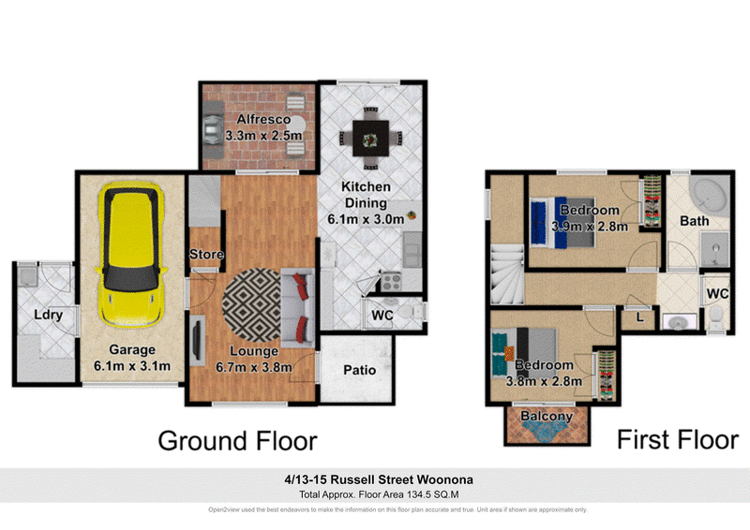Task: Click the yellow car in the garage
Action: pos(131,255)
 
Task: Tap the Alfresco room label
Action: pos(263,119)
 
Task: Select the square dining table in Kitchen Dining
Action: pos(370,139)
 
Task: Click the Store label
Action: pos(206,255)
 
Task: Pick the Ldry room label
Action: pos(49,315)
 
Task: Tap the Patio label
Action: pos(360,370)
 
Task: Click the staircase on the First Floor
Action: pos(508,273)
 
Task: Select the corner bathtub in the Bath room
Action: pos(710,195)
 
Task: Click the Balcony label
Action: pos(547,417)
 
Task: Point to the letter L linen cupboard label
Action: pos(640,317)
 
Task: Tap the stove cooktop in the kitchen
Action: pos(392,282)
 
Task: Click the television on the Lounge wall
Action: pos(197,338)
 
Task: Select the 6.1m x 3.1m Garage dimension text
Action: pos(132,366)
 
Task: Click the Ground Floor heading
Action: pos(238,441)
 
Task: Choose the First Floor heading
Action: pos(678,440)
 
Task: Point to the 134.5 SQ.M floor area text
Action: pos(432,494)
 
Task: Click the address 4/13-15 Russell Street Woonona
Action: pos(379,479)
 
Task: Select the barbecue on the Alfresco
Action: pos(213,128)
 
